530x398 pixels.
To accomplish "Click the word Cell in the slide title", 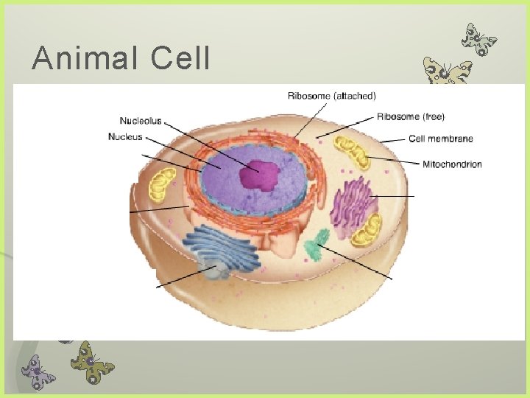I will pyautogui.click(x=180, y=58).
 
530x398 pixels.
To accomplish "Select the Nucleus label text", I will pyautogui.click(x=125, y=136).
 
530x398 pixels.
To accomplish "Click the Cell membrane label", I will pyautogui.click(x=440, y=139).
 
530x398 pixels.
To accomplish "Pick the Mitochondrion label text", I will pyautogui.click(x=452, y=164).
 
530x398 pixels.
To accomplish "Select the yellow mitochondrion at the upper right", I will pyautogui.click(x=353, y=152).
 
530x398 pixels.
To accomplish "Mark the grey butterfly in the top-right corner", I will pyautogui.click(x=478, y=39).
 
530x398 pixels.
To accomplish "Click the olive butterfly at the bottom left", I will pyautogui.click(x=92, y=361).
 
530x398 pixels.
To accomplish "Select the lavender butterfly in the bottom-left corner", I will pyautogui.click(x=38, y=369).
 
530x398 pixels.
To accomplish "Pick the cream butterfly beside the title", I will pyautogui.click(x=447, y=74).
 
